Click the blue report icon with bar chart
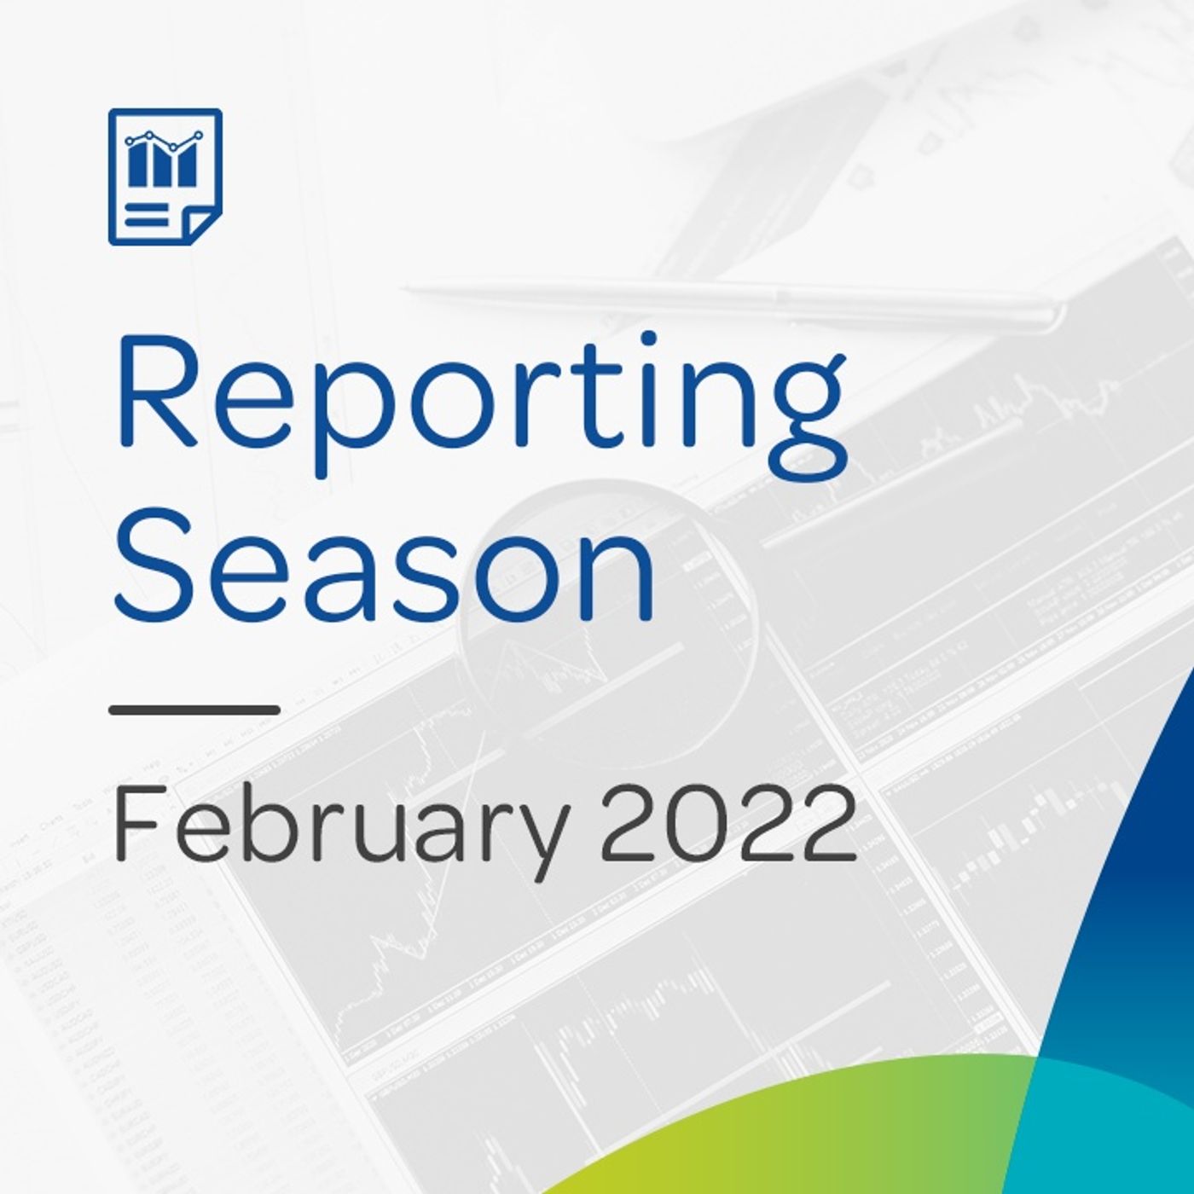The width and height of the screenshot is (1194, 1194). click(x=165, y=177)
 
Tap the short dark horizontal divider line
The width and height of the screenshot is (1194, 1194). click(x=195, y=710)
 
